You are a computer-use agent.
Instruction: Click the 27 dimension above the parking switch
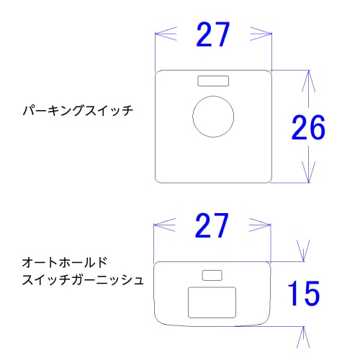coord(213,35)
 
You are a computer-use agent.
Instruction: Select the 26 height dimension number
coord(308,127)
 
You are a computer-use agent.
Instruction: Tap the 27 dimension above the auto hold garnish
coord(212,225)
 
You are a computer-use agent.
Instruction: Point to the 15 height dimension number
coord(304,293)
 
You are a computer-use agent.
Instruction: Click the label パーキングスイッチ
coord(78,111)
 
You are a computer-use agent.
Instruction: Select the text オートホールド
coord(64,262)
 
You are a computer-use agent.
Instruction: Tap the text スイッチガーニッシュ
coord(83,280)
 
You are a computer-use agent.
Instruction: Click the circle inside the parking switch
coord(213,96)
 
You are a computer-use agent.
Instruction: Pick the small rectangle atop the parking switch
coord(213,76)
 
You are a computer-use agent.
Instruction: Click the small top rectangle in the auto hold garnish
coord(212,270)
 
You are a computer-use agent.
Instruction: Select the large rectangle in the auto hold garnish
coord(212,287)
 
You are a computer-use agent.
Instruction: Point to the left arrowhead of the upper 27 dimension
coord(166,34)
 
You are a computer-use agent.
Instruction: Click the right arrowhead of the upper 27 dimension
coord(261,34)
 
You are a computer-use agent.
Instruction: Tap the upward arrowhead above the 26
coord(308,81)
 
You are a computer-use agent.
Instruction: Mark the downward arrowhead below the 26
coord(308,172)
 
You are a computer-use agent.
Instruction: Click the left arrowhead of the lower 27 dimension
coord(165,225)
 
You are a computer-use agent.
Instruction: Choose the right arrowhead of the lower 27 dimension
coord(260,225)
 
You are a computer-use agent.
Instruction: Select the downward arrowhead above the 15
coord(304,251)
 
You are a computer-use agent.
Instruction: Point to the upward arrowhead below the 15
coord(304,337)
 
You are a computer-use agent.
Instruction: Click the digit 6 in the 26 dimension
coord(318,127)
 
